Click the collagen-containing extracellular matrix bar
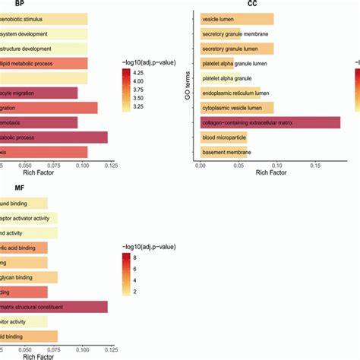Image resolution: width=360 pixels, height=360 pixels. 270,122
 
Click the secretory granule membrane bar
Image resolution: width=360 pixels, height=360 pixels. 220,33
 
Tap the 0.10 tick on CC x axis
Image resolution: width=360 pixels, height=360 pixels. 275,165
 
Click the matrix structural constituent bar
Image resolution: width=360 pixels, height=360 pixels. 53,307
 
